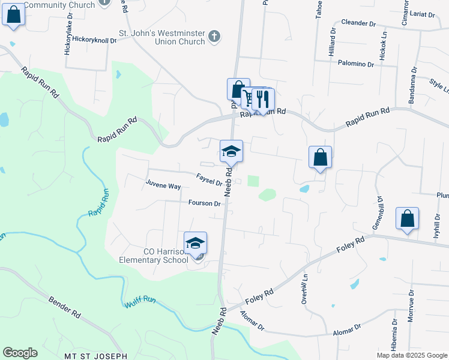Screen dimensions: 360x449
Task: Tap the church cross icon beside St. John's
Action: coord(214,38)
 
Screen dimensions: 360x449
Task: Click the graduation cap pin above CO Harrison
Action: coord(195,244)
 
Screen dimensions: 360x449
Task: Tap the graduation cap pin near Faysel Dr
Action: coord(231,151)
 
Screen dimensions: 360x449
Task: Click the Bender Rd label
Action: coord(64,305)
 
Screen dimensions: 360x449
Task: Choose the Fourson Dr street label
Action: coord(204,203)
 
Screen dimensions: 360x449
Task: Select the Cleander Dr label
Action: coord(358,23)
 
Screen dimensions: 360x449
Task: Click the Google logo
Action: coord(20,352)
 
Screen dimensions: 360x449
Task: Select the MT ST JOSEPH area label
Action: coord(95,356)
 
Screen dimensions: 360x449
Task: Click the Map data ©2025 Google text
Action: coord(411,355)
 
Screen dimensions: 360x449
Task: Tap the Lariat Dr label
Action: coord(424,13)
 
